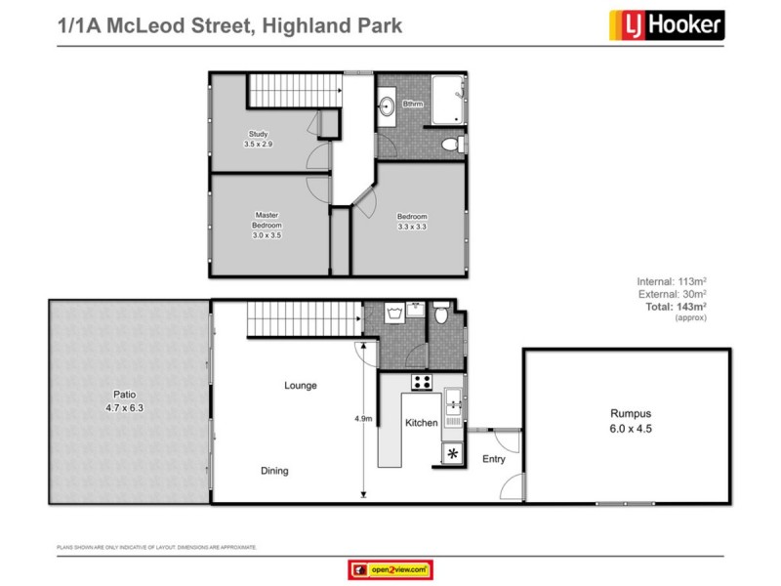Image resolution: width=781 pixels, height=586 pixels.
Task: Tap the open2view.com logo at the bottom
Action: (x=390, y=569)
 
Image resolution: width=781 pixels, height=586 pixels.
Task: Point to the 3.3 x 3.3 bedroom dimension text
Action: (x=412, y=227)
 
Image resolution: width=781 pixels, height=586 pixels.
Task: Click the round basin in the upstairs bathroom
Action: (x=388, y=105)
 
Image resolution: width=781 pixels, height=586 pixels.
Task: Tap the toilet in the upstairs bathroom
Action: (x=451, y=145)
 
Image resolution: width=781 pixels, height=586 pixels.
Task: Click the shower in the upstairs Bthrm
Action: (x=448, y=99)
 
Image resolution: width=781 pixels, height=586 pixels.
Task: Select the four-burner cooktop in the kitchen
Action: (x=422, y=383)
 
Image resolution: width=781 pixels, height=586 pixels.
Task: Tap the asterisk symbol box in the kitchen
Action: (x=453, y=453)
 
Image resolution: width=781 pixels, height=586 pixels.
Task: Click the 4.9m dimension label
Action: (x=363, y=419)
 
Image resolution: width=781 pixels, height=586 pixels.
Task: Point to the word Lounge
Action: (x=301, y=386)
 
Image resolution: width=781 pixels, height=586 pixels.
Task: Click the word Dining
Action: (x=274, y=471)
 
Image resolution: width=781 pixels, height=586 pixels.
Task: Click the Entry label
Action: (x=494, y=459)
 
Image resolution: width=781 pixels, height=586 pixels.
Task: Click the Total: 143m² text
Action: (x=676, y=307)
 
